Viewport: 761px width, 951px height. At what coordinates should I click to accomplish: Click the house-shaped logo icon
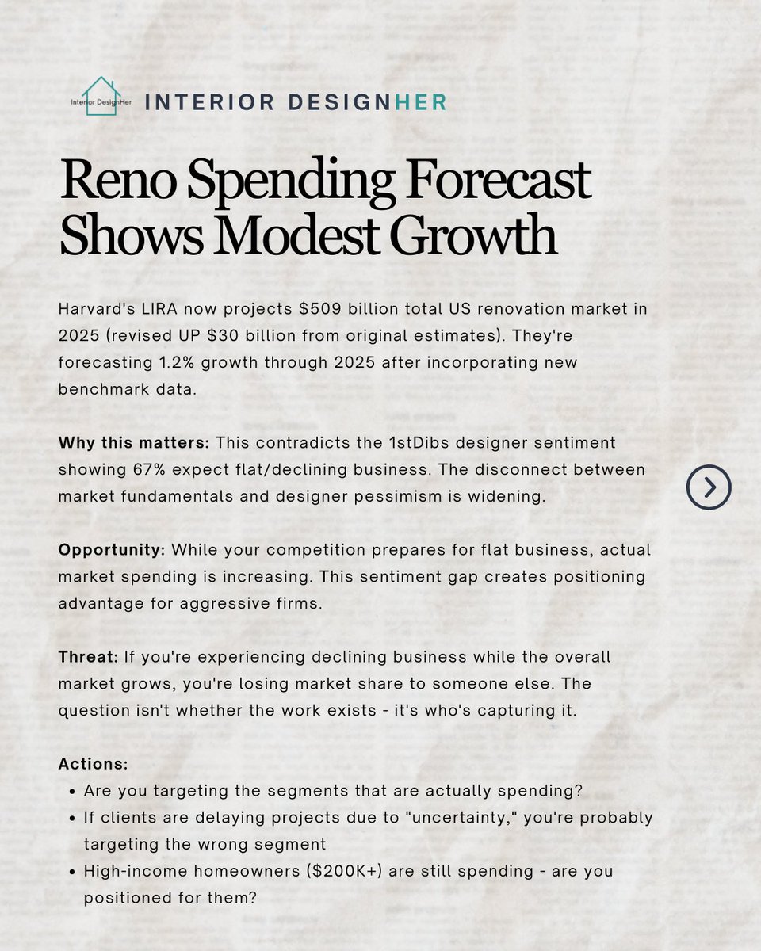tap(101, 97)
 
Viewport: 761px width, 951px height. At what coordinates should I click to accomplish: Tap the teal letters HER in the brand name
tap(420, 102)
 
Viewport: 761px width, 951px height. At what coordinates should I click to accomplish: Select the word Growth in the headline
tap(473, 235)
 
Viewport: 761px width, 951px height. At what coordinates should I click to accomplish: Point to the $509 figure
tap(319, 309)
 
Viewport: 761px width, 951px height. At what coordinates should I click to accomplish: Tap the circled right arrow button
tap(709, 487)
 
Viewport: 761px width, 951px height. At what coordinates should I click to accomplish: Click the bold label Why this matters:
tap(134, 442)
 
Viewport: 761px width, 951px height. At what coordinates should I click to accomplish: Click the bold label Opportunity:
tap(112, 550)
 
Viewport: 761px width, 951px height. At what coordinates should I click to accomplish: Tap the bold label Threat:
tap(89, 657)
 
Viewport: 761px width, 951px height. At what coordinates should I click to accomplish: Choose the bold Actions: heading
tap(94, 764)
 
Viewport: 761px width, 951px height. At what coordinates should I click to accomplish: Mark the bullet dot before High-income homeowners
tap(73, 873)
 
